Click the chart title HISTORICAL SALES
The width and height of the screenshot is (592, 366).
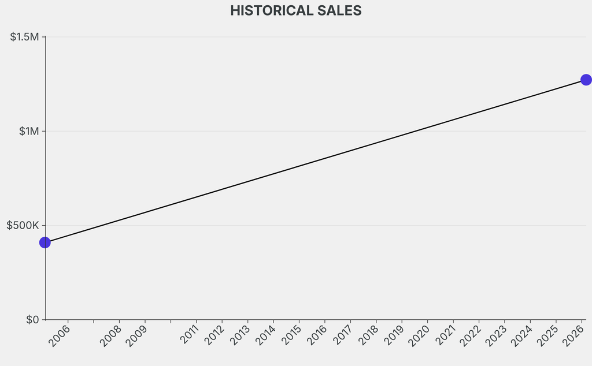point(295,10)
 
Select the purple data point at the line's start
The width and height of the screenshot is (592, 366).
point(45,242)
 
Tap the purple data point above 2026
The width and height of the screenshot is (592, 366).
point(586,80)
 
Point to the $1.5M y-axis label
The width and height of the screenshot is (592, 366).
point(24,37)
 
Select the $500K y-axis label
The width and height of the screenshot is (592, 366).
point(23,225)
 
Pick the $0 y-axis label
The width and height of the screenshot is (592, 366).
point(32,319)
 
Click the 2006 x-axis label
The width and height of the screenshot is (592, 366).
point(60,335)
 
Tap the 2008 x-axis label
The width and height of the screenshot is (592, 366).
point(110,335)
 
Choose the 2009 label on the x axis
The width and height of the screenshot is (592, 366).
point(136,335)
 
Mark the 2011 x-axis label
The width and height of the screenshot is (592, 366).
point(188,335)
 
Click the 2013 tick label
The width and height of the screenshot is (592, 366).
point(239,335)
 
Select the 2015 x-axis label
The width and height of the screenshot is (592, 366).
point(291,335)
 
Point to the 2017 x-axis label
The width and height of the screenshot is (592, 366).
point(342,335)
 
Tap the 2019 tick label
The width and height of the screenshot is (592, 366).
point(394,335)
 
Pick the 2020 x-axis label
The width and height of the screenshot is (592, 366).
point(419,335)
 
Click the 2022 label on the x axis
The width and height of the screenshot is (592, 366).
point(471,335)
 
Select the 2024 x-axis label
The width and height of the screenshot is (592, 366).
point(522,335)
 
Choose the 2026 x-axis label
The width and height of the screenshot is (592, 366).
point(573,335)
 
